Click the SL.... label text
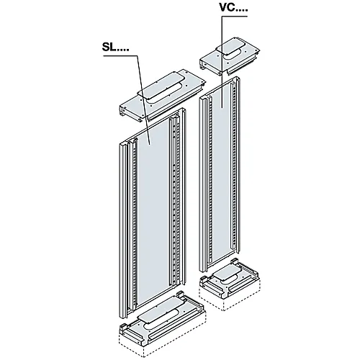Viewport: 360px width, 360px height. click(x=115, y=48)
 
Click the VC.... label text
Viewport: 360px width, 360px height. click(x=233, y=8)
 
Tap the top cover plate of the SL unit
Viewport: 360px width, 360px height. click(x=163, y=96)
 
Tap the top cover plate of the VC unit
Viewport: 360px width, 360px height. click(x=230, y=56)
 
